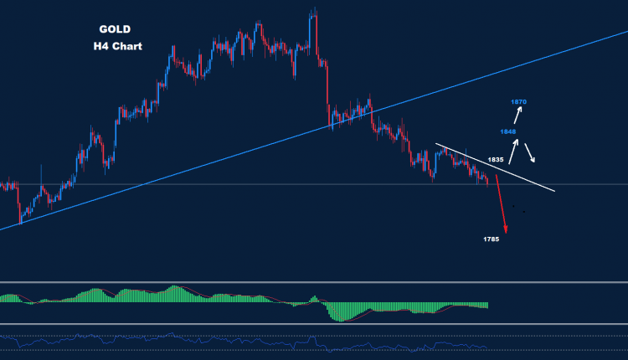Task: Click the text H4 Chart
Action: pyautogui.click(x=117, y=47)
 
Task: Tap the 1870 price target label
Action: pyautogui.click(x=519, y=102)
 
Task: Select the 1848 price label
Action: pyautogui.click(x=508, y=131)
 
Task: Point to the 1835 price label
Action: pyautogui.click(x=496, y=159)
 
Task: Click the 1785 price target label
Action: pyautogui.click(x=492, y=240)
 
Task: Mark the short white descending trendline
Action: pyautogui.click(x=494, y=167)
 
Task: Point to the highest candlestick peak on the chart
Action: pyautogui.click(x=314, y=11)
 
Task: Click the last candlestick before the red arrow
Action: pyautogui.click(x=487, y=180)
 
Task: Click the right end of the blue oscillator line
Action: pyautogui.click(x=486, y=347)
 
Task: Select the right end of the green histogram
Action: pyautogui.click(x=486, y=305)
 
